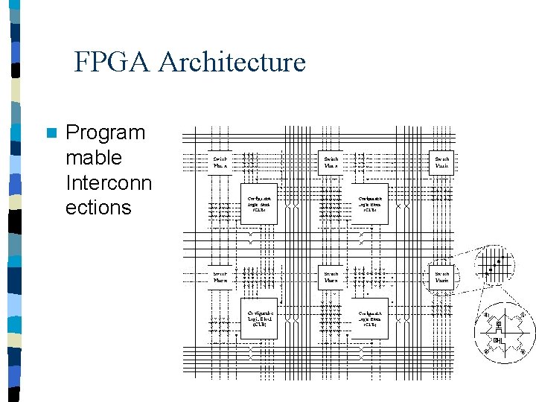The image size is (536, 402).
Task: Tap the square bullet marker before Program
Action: [51, 134]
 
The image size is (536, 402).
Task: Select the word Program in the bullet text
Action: [105, 133]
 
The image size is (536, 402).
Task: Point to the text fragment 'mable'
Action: [93, 158]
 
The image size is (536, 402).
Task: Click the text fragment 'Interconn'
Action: [109, 182]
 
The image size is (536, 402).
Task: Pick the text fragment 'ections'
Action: [98, 207]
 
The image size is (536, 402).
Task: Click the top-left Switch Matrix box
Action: [220, 162]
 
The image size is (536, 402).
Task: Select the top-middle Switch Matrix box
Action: [331, 162]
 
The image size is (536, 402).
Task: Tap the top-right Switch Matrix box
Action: [442, 162]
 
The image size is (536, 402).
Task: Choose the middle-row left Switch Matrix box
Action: [220, 277]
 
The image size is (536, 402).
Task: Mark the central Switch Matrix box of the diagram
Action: [331, 277]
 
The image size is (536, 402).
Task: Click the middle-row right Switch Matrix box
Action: [442, 277]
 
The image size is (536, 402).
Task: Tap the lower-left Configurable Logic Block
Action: [259, 319]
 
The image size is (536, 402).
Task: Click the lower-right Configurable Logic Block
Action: [370, 319]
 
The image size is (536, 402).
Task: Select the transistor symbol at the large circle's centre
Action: [501, 333]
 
